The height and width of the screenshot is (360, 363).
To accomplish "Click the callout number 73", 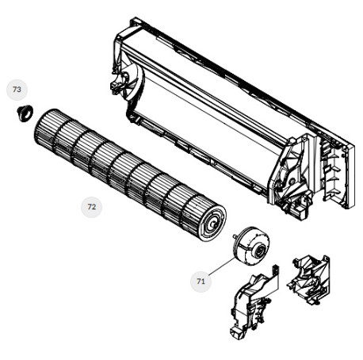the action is pyautogui.click(x=17, y=90).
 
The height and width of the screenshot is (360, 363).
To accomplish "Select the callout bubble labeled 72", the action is pyautogui.click(x=91, y=207).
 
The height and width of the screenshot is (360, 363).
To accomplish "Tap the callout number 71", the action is pyautogui.click(x=201, y=281).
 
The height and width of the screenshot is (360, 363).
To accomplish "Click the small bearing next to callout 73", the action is pyautogui.click(x=25, y=113).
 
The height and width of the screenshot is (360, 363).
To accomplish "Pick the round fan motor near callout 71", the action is pyautogui.click(x=251, y=244).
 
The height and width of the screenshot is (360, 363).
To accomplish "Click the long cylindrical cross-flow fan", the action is pyautogui.click(x=130, y=175).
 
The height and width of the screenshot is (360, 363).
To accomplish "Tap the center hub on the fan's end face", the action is pyautogui.click(x=212, y=224).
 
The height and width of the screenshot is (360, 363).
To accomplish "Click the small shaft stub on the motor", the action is pyautogui.click(x=235, y=236).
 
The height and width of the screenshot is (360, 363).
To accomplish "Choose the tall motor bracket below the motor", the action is pyautogui.click(x=254, y=301).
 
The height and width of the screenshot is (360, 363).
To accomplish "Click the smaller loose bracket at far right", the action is pyautogui.click(x=308, y=280).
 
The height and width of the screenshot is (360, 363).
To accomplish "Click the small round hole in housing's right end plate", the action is pyautogui.click(x=292, y=182).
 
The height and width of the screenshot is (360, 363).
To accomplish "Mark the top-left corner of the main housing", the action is pyautogui.click(x=132, y=18).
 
